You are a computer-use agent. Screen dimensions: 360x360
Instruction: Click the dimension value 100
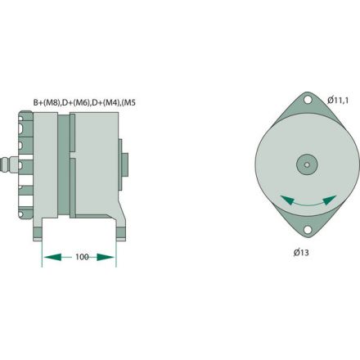click(81, 257)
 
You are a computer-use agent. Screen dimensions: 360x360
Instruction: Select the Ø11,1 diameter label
click(340, 100)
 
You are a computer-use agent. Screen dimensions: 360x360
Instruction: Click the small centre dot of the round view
click(307, 164)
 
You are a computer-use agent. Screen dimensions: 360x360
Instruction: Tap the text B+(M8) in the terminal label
click(46, 102)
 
